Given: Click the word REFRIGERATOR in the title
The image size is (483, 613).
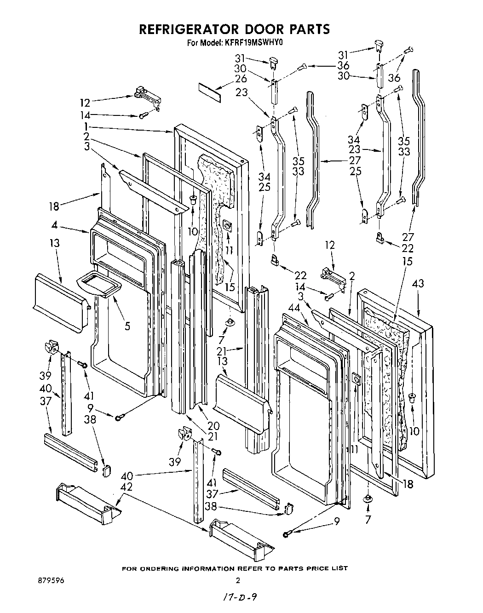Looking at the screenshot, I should click(189, 29).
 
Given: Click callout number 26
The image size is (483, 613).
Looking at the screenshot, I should click(241, 79).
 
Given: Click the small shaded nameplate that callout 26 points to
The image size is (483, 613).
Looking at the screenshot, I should click(210, 92).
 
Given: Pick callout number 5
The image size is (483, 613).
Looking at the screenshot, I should click(127, 326).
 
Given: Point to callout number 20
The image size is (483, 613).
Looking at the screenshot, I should click(213, 425).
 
